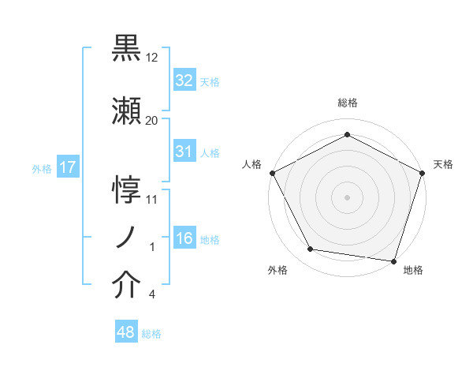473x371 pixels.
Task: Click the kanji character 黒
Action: point(127,50)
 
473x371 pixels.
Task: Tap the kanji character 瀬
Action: point(127,112)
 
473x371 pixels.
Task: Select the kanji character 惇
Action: point(127,189)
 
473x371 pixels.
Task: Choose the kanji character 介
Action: point(127,287)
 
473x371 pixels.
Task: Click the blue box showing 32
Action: point(184,81)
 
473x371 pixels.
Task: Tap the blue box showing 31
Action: point(184,152)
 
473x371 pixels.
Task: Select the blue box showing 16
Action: point(184,238)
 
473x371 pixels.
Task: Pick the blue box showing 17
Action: point(67,167)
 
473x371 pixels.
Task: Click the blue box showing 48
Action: point(126,332)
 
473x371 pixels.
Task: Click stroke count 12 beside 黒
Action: point(152,57)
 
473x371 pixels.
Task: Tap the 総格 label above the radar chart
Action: point(347,103)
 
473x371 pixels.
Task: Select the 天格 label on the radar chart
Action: point(443,164)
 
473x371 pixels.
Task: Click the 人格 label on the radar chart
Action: point(251,164)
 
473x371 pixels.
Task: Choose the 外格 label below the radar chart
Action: point(277,270)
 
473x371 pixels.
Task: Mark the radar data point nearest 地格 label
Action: point(393,260)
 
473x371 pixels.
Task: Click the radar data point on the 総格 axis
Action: point(347,135)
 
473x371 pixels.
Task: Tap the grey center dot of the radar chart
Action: point(347,197)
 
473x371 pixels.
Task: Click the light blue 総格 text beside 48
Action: point(151,334)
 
